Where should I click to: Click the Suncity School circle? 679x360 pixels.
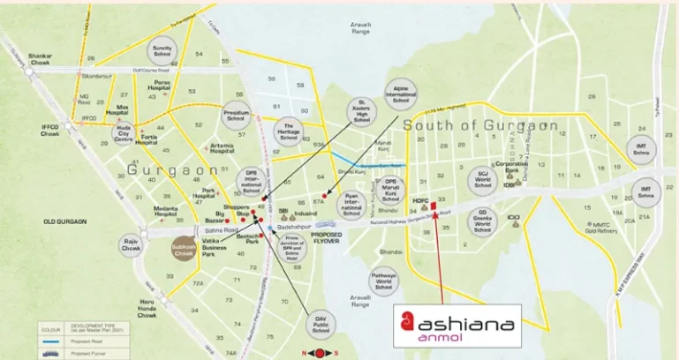pyautogui.click(x=162, y=49)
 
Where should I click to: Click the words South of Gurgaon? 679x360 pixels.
pyautogui.click(x=481, y=125)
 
